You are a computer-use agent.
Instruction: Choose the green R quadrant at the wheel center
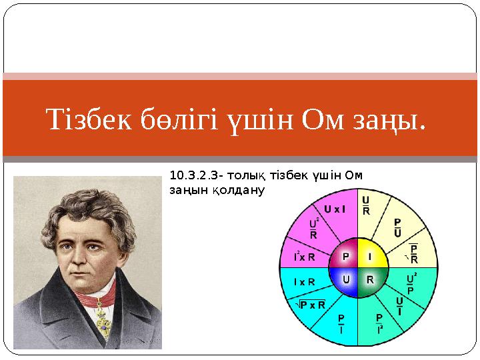[369, 279]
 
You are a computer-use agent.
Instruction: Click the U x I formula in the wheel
[335, 209]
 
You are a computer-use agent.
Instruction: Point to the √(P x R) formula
[310, 305]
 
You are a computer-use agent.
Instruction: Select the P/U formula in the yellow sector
[397, 228]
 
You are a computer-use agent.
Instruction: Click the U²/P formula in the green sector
[411, 282]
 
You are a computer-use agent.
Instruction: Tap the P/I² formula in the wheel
[379, 323]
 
